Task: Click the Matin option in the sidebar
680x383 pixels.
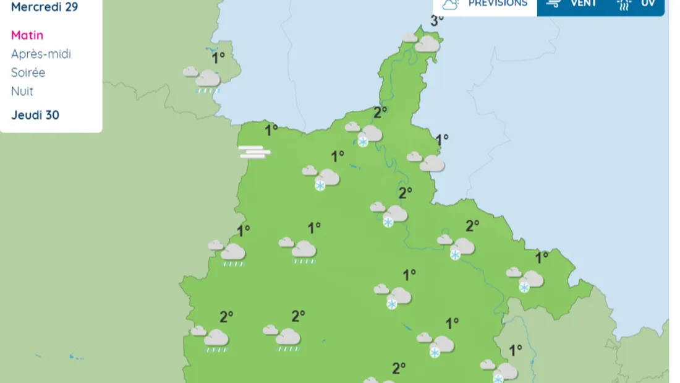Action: click(x=27, y=35)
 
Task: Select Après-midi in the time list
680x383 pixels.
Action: click(x=41, y=54)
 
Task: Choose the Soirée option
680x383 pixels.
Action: click(x=28, y=72)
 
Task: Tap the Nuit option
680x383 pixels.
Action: click(x=22, y=91)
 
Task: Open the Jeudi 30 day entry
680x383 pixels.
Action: click(x=35, y=115)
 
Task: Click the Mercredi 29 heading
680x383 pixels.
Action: click(x=45, y=7)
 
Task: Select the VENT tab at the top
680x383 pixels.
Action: click(x=583, y=4)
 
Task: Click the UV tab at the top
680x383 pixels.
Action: click(x=647, y=4)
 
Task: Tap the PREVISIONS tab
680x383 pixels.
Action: click(x=497, y=4)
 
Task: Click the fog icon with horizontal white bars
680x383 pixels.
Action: click(x=255, y=152)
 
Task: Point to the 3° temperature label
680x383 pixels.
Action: click(x=437, y=20)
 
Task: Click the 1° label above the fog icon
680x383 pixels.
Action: click(x=271, y=130)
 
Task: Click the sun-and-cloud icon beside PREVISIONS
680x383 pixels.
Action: click(x=450, y=4)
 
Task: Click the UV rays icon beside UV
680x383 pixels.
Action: click(x=624, y=5)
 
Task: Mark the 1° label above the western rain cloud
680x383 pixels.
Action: click(x=218, y=58)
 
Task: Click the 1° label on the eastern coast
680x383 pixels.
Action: click(x=442, y=140)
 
